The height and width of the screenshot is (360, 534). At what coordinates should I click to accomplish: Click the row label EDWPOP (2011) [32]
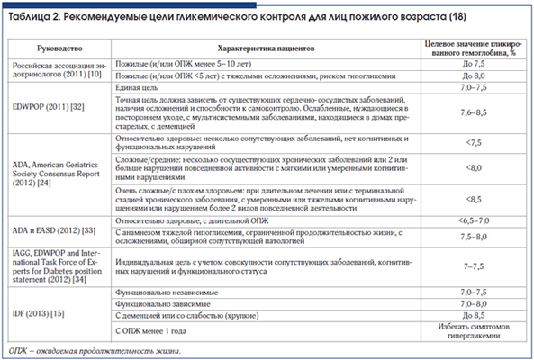[48, 104]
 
